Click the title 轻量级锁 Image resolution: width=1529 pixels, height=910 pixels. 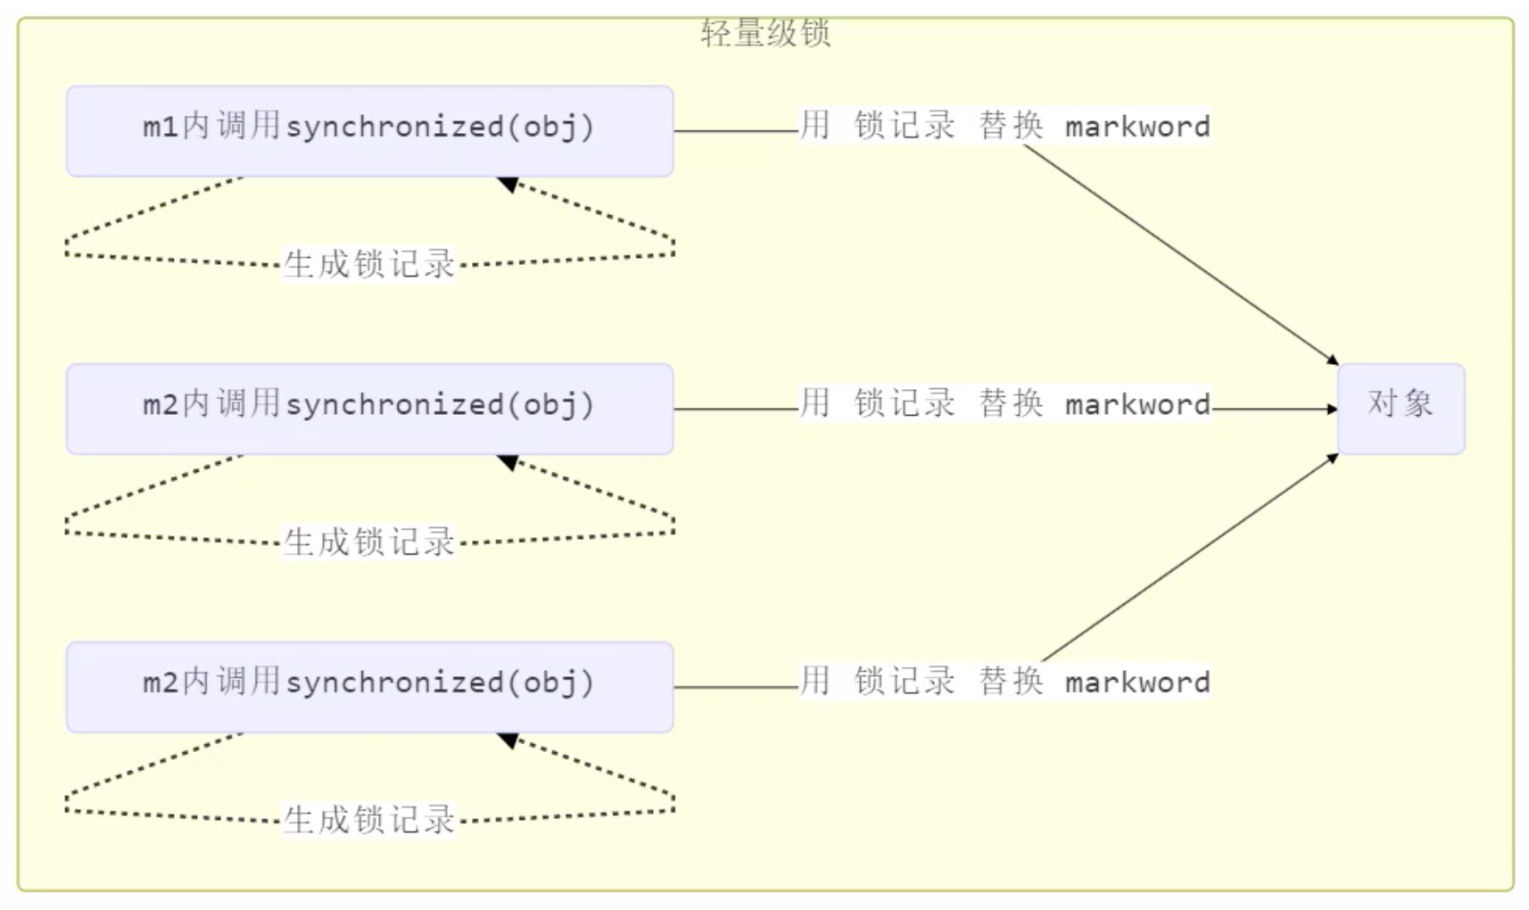[765, 33]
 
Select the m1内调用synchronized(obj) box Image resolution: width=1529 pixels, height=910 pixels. [369, 131]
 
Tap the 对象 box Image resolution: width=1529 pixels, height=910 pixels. [1401, 409]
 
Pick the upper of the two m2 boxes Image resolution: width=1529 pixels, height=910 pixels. [369, 409]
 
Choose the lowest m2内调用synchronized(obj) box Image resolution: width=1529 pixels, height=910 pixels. [369, 687]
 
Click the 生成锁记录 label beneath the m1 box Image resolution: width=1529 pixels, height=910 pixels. [369, 264]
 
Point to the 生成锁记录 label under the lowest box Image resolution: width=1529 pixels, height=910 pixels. [369, 820]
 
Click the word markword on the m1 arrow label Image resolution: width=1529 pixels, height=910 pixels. [1137, 127]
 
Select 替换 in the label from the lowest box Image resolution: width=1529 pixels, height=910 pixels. [1011, 682]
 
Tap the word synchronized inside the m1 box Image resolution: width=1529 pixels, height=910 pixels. [394, 127]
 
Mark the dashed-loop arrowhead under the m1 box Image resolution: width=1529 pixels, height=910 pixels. [508, 184]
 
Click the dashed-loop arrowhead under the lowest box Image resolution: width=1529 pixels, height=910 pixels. [508, 740]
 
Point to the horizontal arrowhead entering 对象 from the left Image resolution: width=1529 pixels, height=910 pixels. [1332, 409]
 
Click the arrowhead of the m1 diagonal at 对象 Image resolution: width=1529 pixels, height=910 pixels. [1333, 360]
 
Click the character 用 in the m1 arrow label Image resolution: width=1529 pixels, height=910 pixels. [814, 126]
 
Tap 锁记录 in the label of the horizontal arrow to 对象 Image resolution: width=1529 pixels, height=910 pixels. [904, 403]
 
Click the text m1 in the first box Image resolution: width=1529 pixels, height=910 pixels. [161, 127]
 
